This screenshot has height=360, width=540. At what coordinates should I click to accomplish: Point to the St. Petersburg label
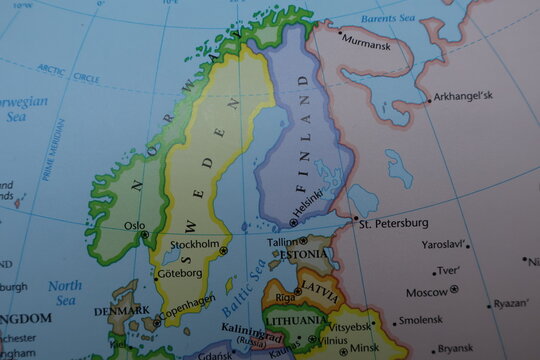point(394,222)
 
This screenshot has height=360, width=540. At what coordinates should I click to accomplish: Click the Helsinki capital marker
point(292,223)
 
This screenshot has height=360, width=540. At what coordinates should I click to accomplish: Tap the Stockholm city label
point(195,244)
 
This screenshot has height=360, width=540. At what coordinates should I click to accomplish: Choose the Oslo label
point(134,225)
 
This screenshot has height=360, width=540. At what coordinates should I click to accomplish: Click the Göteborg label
point(181,272)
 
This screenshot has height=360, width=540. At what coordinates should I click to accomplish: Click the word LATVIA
point(321,288)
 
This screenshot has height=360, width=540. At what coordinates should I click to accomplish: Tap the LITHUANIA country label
point(295,321)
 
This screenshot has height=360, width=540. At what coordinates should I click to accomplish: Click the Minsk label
point(364,347)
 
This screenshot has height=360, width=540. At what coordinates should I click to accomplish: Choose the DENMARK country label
point(121,310)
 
